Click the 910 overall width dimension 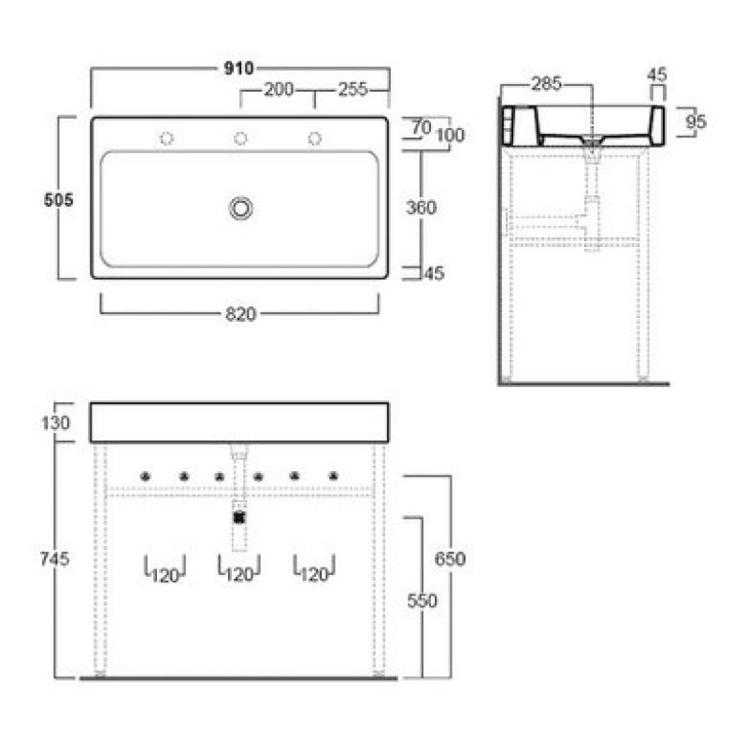pyautogui.click(x=238, y=68)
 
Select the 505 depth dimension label pyautogui.click(x=59, y=199)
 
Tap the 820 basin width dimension pyautogui.click(x=241, y=314)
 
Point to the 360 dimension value pyautogui.click(x=422, y=208)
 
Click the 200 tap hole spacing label pyautogui.click(x=279, y=89)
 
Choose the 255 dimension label pyautogui.click(x=353, y=89)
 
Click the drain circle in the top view pyautogui.click(x=241, y=209)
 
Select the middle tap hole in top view pyautogui.click(x=240, y=138)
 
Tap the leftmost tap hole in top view pyautogui.click(x=166, y=138)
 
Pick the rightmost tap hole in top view pyautogui.click(x=314, y=138)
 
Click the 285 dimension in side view pyautogui.click(x=547, y=84)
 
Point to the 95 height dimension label pyautogui.click(x=696, y=122)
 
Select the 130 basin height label pyautogui.click(x=56, y=423)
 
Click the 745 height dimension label pyautogui.click(x=55, y=558)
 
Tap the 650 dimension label pyautogui.click(x=450, y=558)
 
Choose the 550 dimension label pyautogui.click(x=423, y=600)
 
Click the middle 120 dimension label pyautogui.click(x=239, y=575)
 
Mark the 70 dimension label pyautogui.click(x=422, y=127)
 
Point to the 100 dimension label pyautogui.click(x=451, y=135)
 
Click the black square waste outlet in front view pyautogui.click(x=239, y=518)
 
